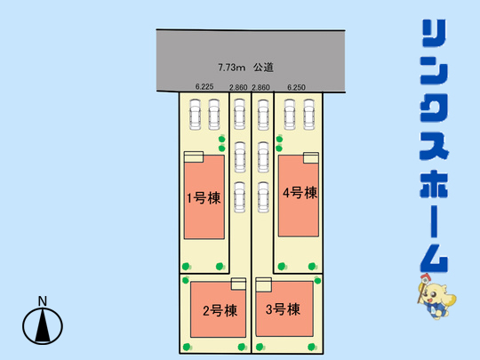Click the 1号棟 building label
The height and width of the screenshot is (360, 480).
tap(204, 198)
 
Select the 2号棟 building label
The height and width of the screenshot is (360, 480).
tap(220, 311)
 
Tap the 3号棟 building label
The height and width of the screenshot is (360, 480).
tap(283, 309)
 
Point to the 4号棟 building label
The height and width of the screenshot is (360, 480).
tap(300, 193)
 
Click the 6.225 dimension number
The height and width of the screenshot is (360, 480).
tap(204, 86)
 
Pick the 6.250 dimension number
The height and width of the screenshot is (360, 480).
tap(296, 87)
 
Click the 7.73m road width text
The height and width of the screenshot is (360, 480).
tap(232, 67)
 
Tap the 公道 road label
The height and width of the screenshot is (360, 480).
tap(263, 67)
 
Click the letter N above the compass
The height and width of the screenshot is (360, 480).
tap(43, 301)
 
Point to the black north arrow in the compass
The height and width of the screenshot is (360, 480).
tap(43, 325)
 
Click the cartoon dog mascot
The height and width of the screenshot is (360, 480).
tap(436, 296)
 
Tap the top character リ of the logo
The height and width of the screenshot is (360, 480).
tap(434, 33)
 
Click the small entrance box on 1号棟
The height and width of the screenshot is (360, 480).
tap(194, 156)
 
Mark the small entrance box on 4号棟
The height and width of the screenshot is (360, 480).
tap(311, 157)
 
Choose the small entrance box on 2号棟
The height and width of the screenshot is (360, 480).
tap(238, 284)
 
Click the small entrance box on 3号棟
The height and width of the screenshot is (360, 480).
tap(264, 284)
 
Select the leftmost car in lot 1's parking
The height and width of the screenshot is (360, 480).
tap(195, 114)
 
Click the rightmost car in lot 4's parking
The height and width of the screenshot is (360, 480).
tap(308, 114)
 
